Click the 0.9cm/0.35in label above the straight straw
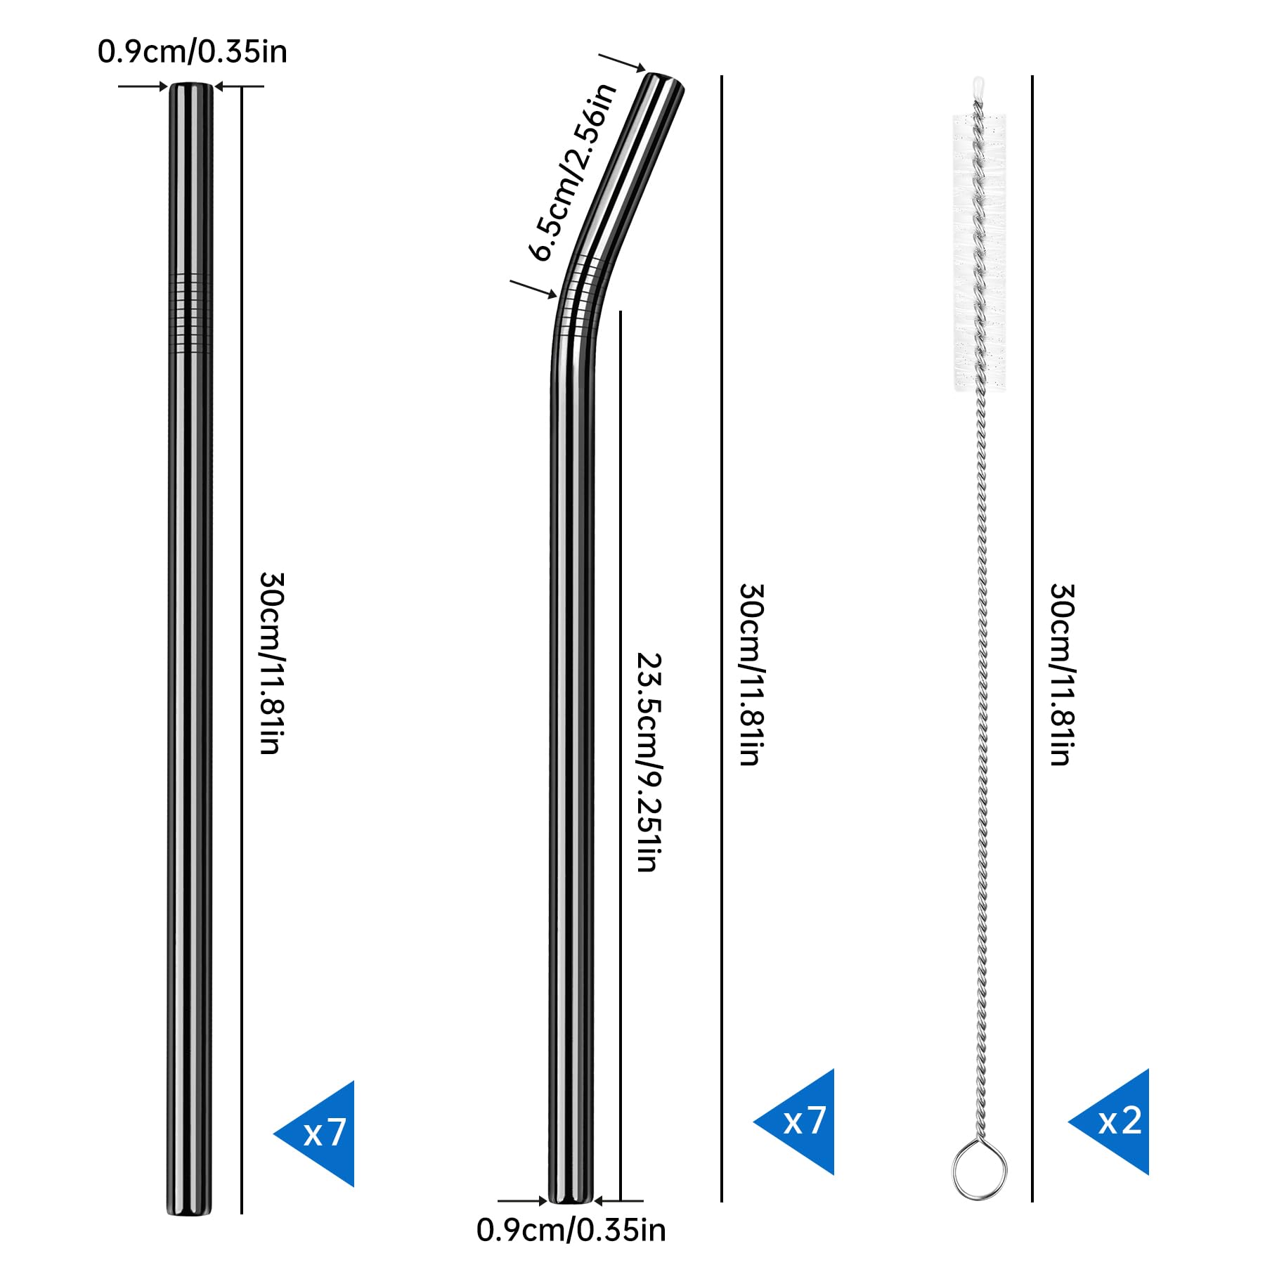pos(193,52)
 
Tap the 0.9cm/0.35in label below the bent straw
pos(571,1230)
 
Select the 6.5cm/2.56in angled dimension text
pos(572,172)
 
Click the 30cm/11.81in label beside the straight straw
pos(273,663)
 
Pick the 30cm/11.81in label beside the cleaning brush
pos(1062,674)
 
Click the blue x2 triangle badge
pos(1112,1122)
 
